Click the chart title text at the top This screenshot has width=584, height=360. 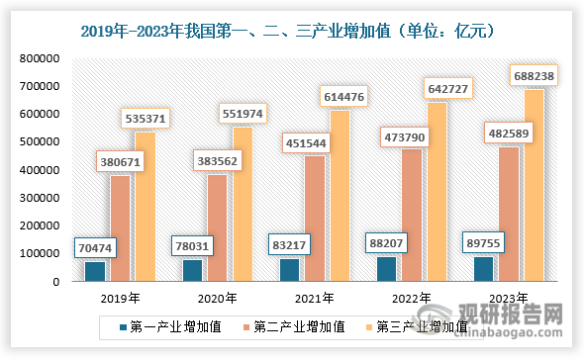[x=292, y=31]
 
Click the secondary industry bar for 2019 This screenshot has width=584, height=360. [x=121, y=228]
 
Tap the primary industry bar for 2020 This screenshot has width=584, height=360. [x=192, y=270]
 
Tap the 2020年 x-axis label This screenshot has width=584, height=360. [x=216, y=298]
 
